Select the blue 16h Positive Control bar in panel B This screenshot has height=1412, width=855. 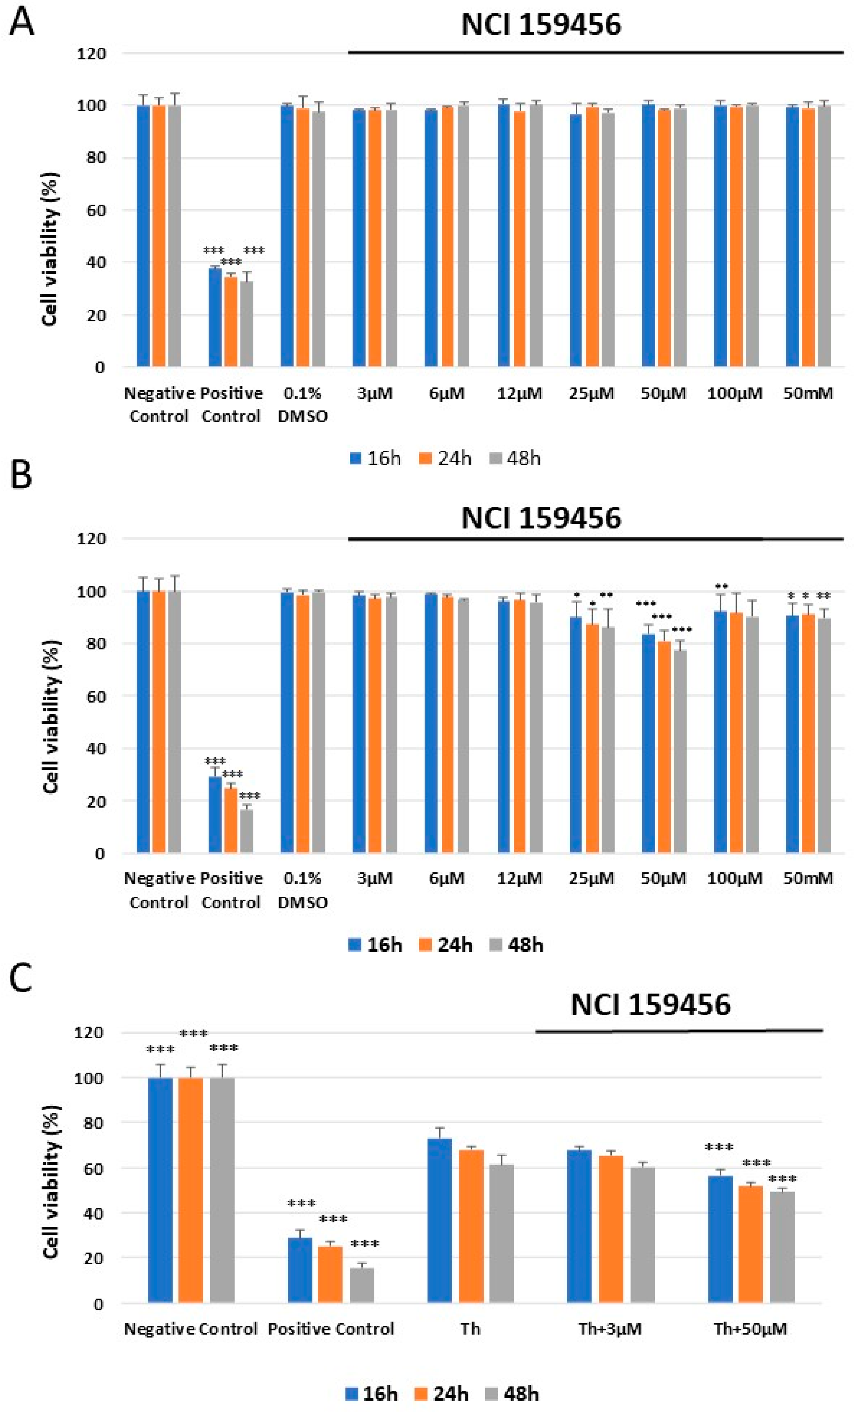pyautogui.click(x=215, y=815)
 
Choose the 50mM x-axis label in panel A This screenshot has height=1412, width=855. pyautogui.click(x=808, y=393)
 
